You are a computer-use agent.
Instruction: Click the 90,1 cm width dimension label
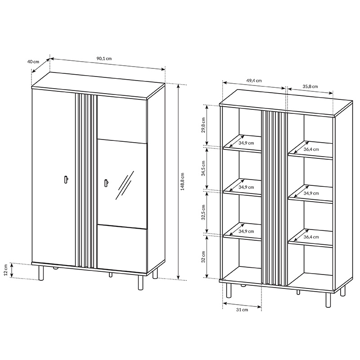point(104,58)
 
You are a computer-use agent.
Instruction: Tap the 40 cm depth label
point(33,62)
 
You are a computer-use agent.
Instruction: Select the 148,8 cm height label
point(183,181)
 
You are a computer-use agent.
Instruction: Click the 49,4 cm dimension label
point(254,81)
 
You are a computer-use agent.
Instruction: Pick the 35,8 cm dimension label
point(310,86)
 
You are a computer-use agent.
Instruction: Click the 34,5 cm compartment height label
point(203,168)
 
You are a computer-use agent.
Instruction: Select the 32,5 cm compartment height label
point(203,212)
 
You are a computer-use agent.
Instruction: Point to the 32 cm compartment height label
point(203,256)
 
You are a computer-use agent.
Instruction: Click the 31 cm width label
point(242,310)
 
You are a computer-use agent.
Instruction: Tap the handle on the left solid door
point(66,179)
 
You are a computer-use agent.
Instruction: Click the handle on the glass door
point(107,183)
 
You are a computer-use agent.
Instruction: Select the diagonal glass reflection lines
point(125,184)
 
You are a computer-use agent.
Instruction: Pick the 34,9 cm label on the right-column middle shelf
point(311,193)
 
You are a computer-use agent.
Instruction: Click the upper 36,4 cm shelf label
point(311,149)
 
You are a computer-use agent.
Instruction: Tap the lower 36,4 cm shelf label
point(311,237)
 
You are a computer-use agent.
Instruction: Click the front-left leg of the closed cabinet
point(41,273)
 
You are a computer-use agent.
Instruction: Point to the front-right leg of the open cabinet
point(328,300)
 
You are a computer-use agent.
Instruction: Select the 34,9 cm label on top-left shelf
point(246,143)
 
